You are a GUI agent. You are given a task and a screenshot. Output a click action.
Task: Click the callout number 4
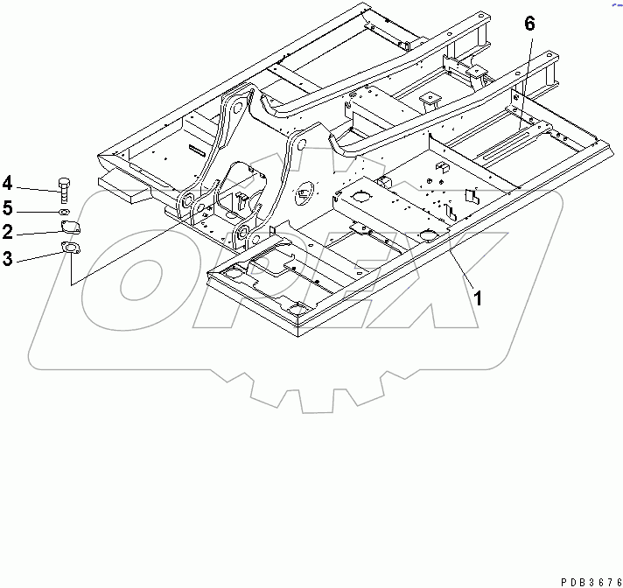pos(8,183)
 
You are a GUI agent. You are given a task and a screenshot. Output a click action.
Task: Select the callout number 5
pos(8,208)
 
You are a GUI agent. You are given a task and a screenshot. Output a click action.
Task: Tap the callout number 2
pos(8,232)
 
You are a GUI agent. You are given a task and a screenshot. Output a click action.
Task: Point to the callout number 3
pos(8,257)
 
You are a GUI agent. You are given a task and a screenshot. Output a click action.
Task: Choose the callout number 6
pos(528,24)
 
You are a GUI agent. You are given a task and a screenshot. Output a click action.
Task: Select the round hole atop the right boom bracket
pos(298,140)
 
